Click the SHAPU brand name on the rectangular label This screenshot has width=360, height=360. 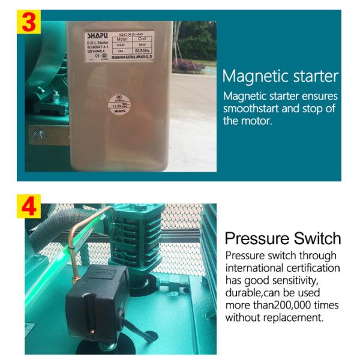(96, 36)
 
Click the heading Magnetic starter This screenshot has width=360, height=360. (280, 77)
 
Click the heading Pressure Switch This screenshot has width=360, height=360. (283, 238)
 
